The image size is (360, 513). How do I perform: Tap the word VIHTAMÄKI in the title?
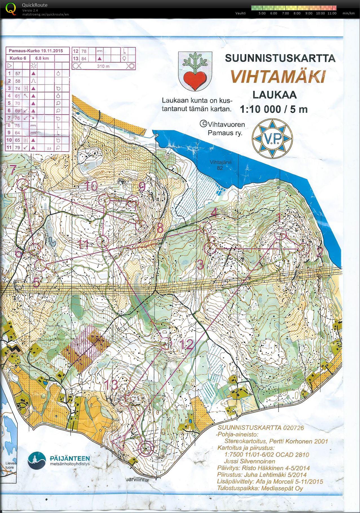(x=278, y=76)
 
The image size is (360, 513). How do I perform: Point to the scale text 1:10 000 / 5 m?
(x=273, y=109)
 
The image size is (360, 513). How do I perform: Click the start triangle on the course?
(x=118, y=443)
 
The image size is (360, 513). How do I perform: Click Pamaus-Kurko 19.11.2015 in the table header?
(x=36, y=51)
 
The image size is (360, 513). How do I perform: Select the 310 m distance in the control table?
(x=103, y=66)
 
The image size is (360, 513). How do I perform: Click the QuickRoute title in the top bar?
(x=35, y=5)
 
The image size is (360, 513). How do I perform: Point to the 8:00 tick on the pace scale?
(x=297, y=13)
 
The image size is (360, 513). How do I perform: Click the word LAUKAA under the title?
(x=274, y=94)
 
